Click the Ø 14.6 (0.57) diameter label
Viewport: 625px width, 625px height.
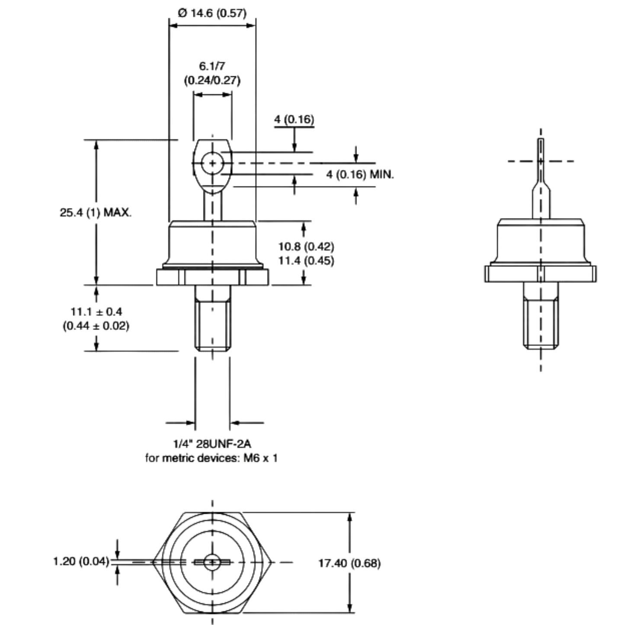(x=212, y=13)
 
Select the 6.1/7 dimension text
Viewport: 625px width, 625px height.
(x=212, y=66)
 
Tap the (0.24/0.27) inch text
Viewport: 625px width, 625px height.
(x=212, y=80)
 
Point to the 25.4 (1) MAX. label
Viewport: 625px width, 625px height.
(x=96, y=213)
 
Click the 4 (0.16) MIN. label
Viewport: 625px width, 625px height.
(x=360, y=175)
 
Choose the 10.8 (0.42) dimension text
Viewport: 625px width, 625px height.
(x=306, y=247)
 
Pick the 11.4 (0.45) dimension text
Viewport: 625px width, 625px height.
(x=306, y=260)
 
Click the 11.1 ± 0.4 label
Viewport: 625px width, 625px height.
(x=96, y=312)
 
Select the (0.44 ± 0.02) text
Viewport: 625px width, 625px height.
(x=96, y=326)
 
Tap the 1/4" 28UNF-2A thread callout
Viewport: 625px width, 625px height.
(x=212, y=443)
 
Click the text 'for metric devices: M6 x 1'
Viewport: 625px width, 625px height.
(x=212, y=458)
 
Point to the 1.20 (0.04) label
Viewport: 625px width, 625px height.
(x=81, y=561)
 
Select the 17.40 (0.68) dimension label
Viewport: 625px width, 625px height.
(x=349, y=563)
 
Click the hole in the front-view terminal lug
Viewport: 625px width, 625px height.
(x=212, y=163)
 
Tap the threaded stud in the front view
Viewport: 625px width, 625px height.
(x=213, y=318)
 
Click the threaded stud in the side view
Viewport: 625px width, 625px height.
(x=541, y=316)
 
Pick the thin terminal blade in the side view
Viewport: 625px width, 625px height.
(x=541, y=178)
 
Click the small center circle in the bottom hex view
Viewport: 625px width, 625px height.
(x=212, y=562)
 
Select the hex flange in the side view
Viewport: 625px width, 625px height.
(x=541, y=274)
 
